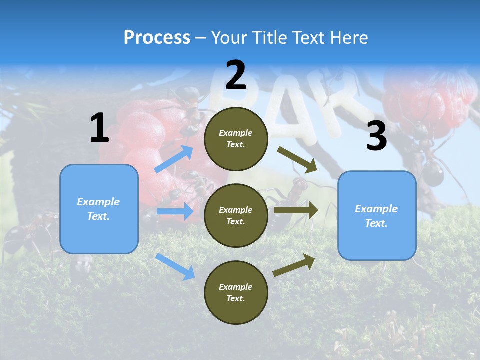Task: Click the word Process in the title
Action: (157, 38)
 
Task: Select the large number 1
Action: (99, 128)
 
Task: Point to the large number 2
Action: (236, 75)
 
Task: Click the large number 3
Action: (376, 136)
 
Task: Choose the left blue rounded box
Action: (99, 209)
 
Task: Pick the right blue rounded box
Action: (377, 216)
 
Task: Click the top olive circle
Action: (236, 139)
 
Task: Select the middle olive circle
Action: (236, 215)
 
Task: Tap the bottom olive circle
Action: (236, 292)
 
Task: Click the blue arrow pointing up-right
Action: (174, 159)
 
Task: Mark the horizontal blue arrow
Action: (175, 211)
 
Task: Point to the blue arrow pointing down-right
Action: (175, 266)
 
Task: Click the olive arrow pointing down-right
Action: (297, 159)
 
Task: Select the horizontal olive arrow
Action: (295, 210)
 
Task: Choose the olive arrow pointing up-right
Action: (294, 265)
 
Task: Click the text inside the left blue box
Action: (98, 209)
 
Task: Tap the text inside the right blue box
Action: (376, 216)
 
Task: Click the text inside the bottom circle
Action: (236, 292)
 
